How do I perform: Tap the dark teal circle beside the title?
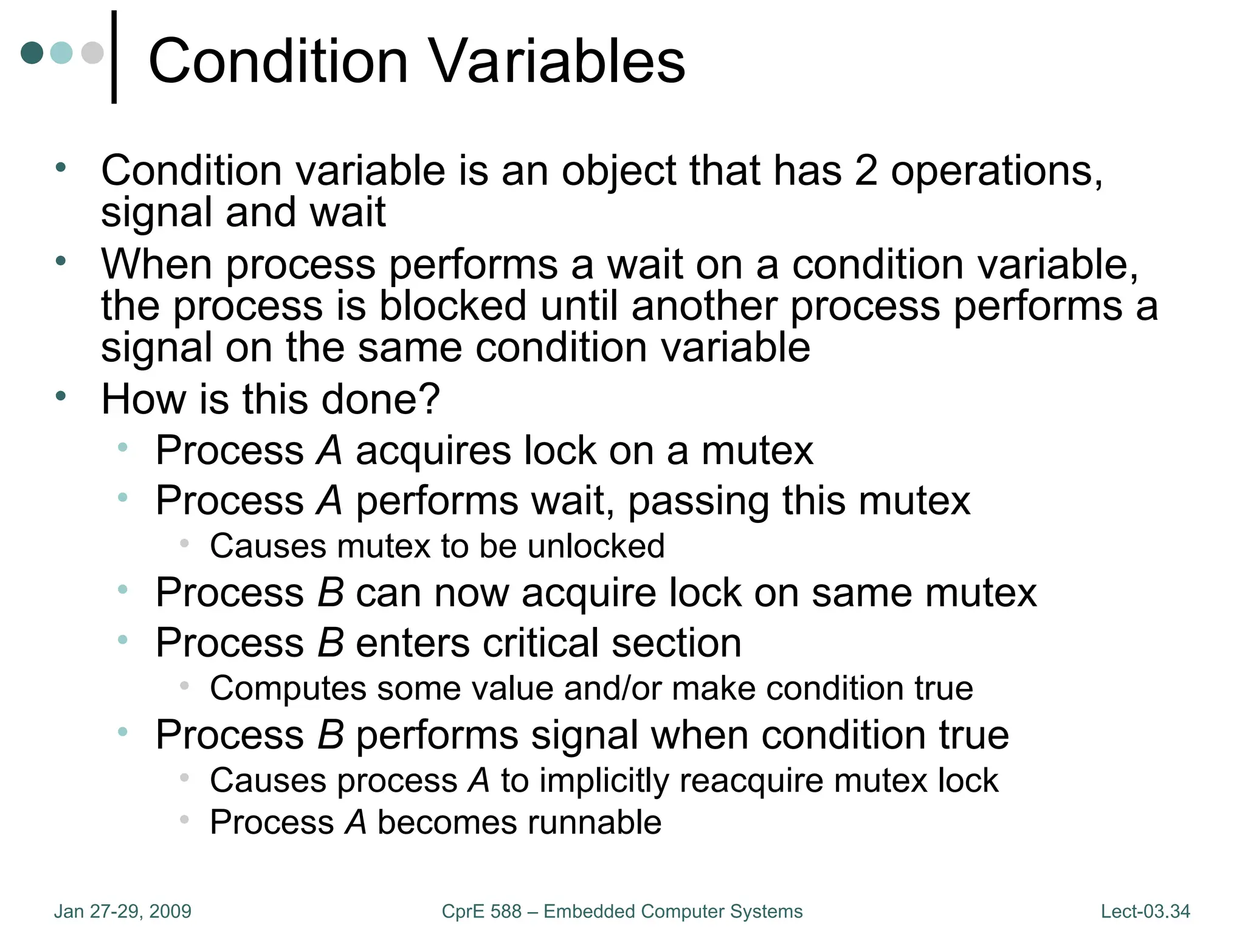click(32, 52)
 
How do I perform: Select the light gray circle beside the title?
click(92, 52)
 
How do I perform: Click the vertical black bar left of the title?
click(114, 57)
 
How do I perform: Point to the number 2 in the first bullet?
click(866, 171)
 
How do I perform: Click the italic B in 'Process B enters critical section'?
click(331, 643)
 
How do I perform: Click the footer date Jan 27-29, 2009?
click(122, 911)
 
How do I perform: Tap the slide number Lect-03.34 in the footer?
click(1145, 911)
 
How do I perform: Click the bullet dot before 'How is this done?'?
click(60, 396)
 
